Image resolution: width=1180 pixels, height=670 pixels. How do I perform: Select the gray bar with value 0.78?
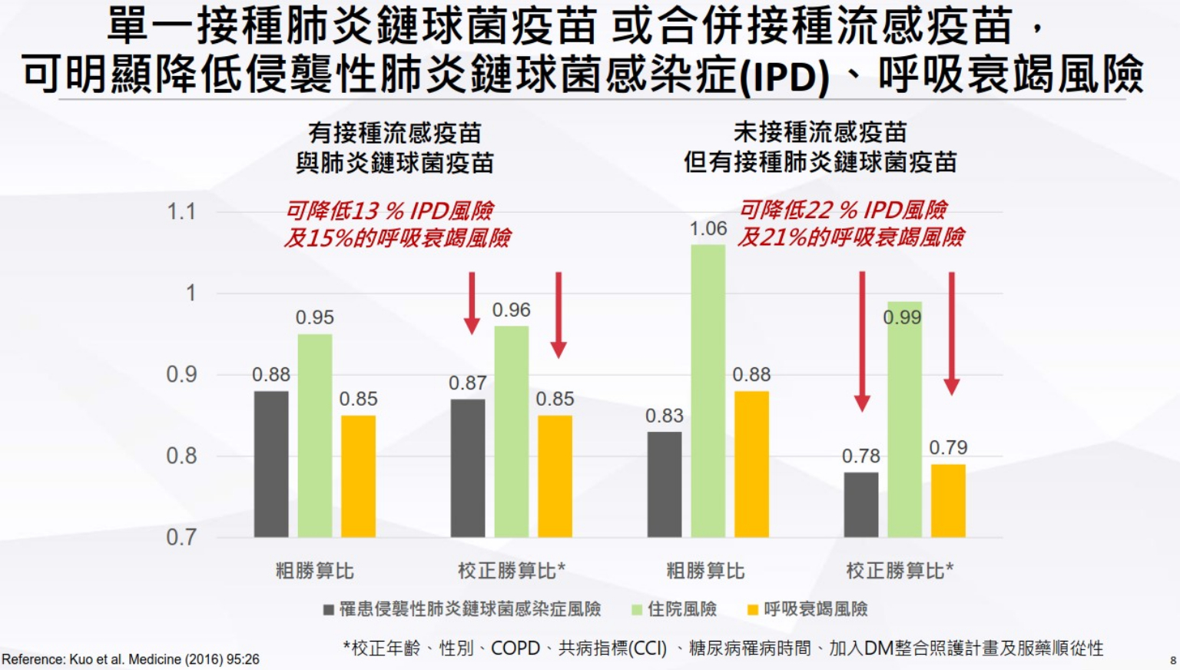click(860, 504)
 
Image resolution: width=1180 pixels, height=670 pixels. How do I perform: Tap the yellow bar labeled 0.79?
click(948, 500)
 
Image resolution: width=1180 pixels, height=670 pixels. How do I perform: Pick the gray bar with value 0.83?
click(664, 484)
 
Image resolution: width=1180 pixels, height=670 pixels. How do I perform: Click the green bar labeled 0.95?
click(315, 435)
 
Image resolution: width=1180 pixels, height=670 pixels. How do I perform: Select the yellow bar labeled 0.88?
click(751, 463)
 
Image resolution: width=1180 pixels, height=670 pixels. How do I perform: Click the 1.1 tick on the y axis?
click(181, 211)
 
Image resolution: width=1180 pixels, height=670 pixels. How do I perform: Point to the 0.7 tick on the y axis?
click(181, 536)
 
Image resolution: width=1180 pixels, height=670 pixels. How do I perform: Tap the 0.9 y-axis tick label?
click(181, 374)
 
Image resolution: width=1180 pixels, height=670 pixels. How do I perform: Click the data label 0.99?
click(902, 317)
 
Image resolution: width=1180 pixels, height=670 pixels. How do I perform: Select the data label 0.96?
click(512, 310)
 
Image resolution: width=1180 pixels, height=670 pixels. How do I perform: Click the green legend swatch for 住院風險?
click(636, 610)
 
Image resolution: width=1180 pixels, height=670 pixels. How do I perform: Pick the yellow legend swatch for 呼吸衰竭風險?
click(753, 610)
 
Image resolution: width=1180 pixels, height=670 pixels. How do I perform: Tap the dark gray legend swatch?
click(328, 610)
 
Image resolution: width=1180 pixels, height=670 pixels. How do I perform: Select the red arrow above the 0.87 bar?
click(472, 302)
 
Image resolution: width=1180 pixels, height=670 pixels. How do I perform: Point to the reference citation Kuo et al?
click(131, 659)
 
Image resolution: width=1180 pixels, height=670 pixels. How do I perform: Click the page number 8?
click(1172, 660)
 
